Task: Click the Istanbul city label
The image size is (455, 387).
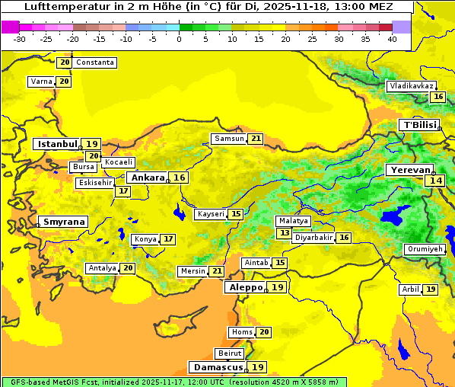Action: [57, 143]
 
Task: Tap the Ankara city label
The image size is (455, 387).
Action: [146, 178]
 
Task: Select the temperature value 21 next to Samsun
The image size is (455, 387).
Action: [256, 139]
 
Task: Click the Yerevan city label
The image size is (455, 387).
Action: [410, 171]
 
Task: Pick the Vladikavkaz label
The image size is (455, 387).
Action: [411, 86]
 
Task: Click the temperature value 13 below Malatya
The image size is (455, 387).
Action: [285, 233]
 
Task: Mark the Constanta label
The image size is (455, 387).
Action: [96, 62]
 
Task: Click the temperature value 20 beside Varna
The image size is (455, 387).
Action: [64, 82]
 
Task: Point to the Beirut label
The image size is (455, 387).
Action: [230, 353]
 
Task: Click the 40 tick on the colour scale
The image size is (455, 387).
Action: [392, 38]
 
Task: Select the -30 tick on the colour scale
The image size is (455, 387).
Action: [19, 38]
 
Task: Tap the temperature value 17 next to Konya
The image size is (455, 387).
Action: [168, 239]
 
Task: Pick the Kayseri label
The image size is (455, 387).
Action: [211, 214]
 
